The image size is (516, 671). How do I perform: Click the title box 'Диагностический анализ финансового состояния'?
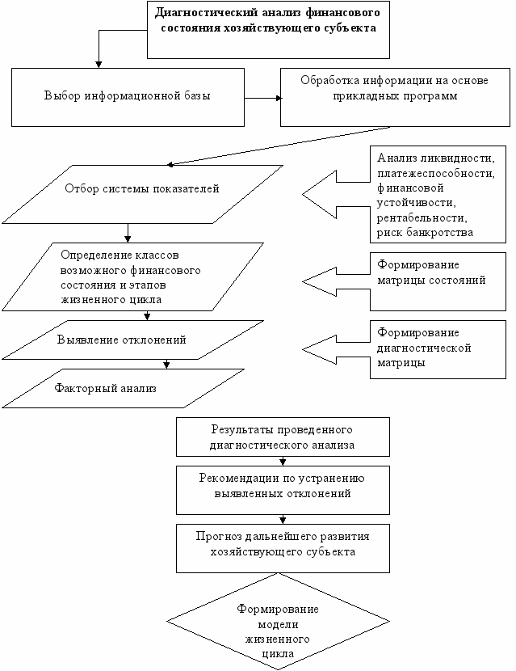point(268,30)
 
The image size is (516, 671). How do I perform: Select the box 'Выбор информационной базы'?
point(128,97)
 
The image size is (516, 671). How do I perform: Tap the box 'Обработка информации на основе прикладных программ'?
point(395,97)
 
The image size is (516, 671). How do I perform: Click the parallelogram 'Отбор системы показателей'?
point(142,194)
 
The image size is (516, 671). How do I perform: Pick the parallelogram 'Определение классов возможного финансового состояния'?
point(132,276)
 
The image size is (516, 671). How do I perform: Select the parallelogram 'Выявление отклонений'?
point(132,340)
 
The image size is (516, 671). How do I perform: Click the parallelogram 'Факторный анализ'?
point(123,389)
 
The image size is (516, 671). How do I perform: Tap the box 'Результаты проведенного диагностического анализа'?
point(283,437)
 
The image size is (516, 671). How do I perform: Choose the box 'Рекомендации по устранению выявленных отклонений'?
point(283,490)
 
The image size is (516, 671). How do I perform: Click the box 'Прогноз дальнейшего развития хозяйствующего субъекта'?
point(283,548)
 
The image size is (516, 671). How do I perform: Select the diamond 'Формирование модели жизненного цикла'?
point(278,622)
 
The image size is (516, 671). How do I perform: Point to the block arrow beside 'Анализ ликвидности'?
point(336,194)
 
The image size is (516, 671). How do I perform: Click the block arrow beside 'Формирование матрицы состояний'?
point(336,281)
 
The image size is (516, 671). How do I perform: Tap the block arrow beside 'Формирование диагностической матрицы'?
point(336,349)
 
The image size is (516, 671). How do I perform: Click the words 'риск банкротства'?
point(425,233)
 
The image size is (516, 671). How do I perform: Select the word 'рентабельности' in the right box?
point(422,217)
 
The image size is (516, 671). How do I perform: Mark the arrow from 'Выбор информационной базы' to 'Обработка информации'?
point(262,98)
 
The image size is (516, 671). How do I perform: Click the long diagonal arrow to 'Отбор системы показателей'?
point(279,146)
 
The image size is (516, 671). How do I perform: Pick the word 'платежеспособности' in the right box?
point(435,174)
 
